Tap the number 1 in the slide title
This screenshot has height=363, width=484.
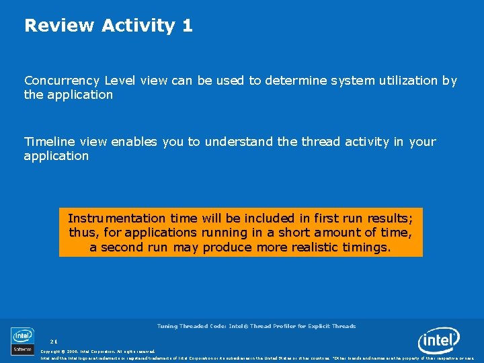pyautogui.click(x=187, y=26)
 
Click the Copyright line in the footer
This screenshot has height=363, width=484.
pyautogui.click(x=97, y=352)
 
